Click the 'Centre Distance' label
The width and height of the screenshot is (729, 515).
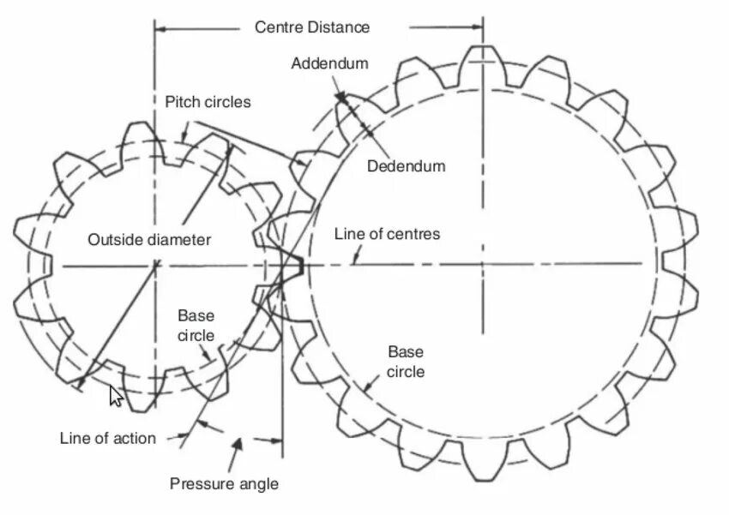[312, 27]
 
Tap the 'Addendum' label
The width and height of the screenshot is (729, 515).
[329, 63]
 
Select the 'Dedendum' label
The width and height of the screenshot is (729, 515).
[407, 166]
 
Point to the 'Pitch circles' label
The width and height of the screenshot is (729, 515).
[208, 102]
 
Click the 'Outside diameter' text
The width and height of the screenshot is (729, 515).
[149, 240]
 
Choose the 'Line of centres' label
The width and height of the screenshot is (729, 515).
[387, 234]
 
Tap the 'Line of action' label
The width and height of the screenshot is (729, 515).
[108, 438]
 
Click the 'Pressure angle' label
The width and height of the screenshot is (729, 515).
[224, 484]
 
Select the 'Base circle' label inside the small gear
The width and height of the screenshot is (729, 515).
[196, 326]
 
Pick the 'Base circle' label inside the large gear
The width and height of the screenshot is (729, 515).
[406, 362]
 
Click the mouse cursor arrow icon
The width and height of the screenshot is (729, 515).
[116, 396]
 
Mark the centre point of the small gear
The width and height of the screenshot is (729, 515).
[154, 266]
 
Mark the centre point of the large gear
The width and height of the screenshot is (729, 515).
[482, 264]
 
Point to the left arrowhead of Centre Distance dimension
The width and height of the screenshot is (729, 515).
[160, 27]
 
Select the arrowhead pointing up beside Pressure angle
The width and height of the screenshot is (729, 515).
[239, 443]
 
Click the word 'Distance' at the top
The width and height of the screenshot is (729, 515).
[340, 27]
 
